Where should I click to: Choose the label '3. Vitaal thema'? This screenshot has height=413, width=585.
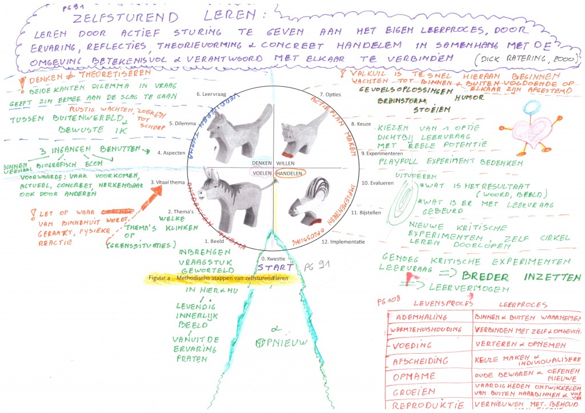(x=168, y=182)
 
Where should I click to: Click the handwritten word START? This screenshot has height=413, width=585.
(x=275, y=266)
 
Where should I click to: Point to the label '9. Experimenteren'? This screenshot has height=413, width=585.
(x=383, y=153)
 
